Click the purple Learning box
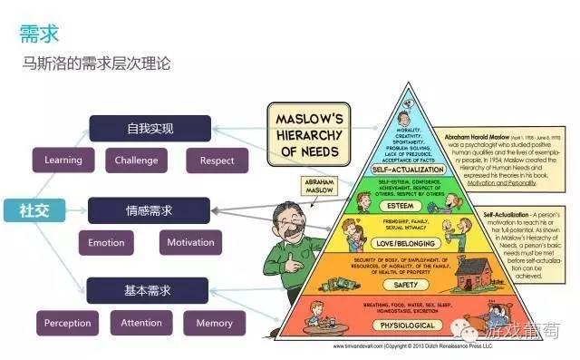point(63,161)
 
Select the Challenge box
point(137,161)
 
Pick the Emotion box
point(106,243)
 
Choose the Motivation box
point(190,242)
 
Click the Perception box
point(67,323)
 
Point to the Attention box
point(141,322)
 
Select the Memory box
point(214,323)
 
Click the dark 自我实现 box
point(150,128)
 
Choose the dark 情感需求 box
point(150,210)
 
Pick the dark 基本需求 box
point(150,291)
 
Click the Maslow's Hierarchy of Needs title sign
point(308,135)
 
